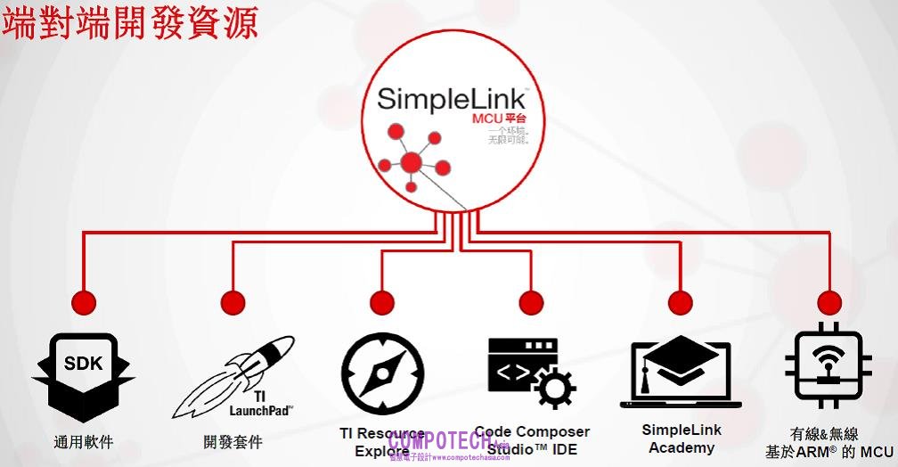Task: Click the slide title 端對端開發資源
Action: pyautogui.click(x=130, y=22)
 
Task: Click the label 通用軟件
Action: pyautogui.click(x=84, y=441)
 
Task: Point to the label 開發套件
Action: pyautogui.click(x=233, y=441)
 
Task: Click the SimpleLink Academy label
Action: pyautogui.click(x=682, y=438)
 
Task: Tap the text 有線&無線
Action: pyautogui.click(x=824, y=434)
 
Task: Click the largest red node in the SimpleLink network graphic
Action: pyautogui.click(x=411, y=163)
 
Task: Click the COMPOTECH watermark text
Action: pyautogui.click(x=437, y=441)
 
